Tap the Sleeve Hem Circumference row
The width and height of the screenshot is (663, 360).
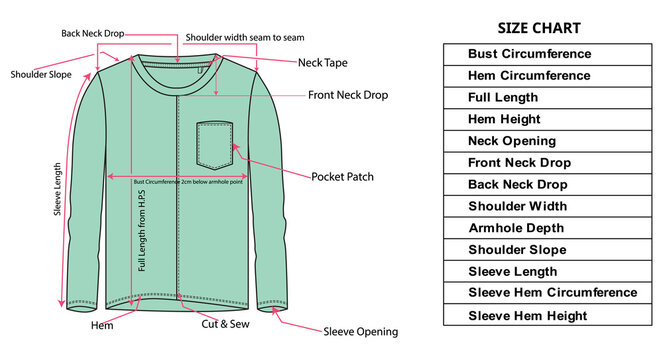pyautogui.click(x=552, y=293)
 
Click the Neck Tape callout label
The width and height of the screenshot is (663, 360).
pyautogui.click(x=323, y=63)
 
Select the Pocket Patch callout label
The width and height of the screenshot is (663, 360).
pyautogui.click(x=343, y=177)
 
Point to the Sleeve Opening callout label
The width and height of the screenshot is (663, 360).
pyautogui.click(x=360, y=332)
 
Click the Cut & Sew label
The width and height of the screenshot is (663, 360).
pyautogui.click(x=226, y=324)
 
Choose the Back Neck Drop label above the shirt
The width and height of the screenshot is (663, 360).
pyautogui.click(x=92, y=34)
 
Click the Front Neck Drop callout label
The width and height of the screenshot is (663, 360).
pyautogui.click(x=348, y=96)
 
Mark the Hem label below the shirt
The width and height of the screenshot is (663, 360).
pyautogui.click(x=102, y=325)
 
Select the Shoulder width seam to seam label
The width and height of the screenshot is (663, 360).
pyautogui.click(x=245, y=38)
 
